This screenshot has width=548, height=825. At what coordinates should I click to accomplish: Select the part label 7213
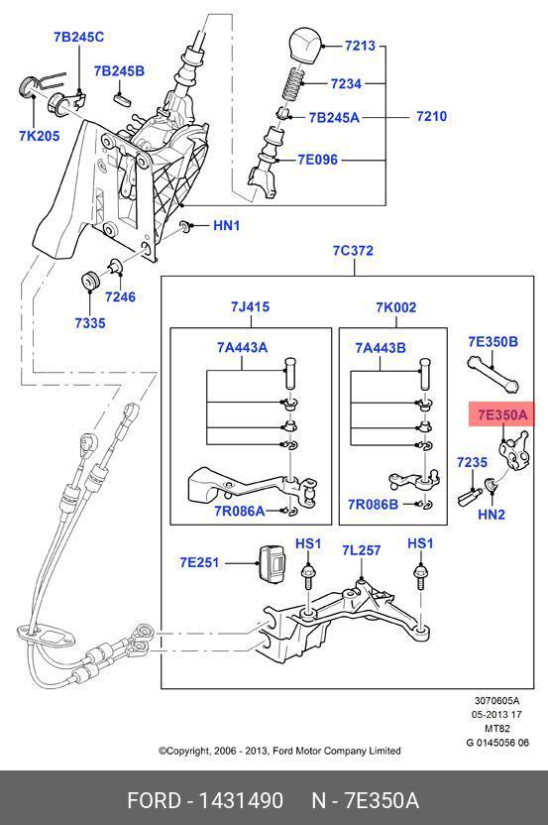361,46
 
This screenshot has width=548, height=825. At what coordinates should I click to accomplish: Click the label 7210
431,116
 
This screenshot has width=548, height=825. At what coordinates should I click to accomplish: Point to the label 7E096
318,160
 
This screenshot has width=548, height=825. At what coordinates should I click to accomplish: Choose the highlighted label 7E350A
502,415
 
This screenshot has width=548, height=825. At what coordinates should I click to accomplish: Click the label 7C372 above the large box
353,251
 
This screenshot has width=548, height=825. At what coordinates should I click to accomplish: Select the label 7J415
250,306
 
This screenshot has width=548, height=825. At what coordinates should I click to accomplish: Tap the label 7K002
395,307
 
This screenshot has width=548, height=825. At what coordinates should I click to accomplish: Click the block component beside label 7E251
273,564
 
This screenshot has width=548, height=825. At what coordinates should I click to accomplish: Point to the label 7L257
362,550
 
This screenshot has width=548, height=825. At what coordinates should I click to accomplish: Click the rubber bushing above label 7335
90,280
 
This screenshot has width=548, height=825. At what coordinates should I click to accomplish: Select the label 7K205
40,136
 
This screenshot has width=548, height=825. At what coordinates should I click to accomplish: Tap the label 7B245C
79,37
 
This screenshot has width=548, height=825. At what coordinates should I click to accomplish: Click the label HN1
227,226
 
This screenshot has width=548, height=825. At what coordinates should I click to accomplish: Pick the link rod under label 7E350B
493,374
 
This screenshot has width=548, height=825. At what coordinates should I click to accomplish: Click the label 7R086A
239,511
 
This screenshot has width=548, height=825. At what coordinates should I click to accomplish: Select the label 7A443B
381,348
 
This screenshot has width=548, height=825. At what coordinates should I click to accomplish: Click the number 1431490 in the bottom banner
241,801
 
